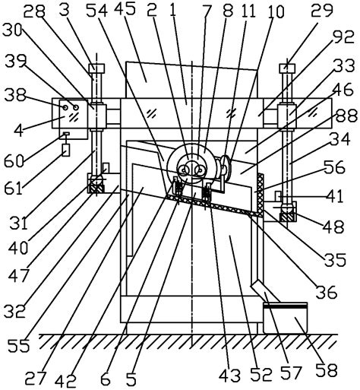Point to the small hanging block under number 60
pos(66,151)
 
